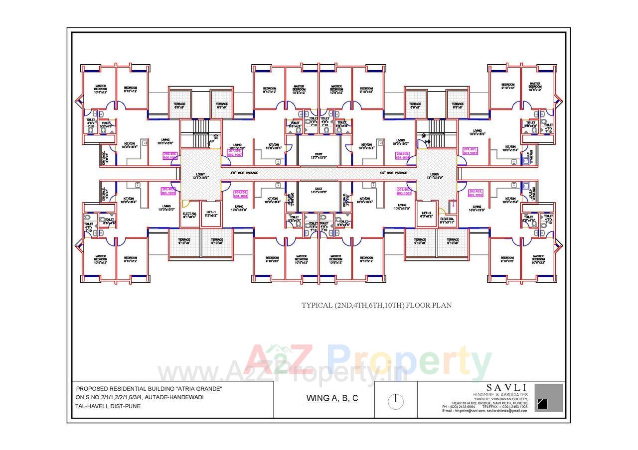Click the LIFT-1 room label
[x=211, y=214]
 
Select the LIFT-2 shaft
[x=426, y=214]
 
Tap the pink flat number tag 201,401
[x=471, y=151]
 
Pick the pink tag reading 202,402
[x=476, y=193]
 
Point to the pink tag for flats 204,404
[x=241, y=194]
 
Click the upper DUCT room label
[x=319, y=156]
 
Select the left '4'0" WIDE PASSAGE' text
[x=244, y=173]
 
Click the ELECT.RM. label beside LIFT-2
[x=447, y=221]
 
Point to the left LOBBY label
[x=200, y=175]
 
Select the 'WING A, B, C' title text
[x=332, y=398]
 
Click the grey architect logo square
[x=548, y=398]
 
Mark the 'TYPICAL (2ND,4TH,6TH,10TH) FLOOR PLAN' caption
[x=376, y=305]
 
